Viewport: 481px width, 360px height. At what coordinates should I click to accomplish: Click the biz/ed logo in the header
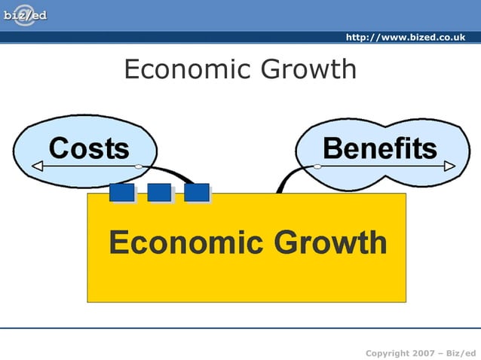click(x=25, y=15)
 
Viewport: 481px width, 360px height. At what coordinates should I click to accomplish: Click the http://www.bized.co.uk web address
click(x=405, y=38)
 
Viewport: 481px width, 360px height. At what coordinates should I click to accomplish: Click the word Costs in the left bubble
click(x=89, y=148)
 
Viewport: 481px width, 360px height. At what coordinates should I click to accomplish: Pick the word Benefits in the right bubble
click(x=379, y=148)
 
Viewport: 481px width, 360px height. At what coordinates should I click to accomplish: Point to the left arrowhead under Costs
click(x=36, y=166)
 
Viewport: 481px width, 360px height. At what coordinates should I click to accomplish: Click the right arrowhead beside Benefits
click(x=450, y=166)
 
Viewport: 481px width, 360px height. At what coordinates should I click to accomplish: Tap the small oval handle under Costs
click(x=138, y=166)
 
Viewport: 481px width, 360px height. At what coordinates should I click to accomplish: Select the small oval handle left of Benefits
click(x=317, y=166)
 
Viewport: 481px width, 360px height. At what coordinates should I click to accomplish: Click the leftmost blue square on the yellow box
click(x=121, y=193)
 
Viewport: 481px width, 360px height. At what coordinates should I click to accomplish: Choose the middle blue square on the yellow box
click(x=159, y=193)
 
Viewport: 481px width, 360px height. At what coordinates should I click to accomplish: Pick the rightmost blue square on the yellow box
click(x=197, y=193)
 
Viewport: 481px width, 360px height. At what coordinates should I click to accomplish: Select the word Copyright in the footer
click(x=388, y=353)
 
